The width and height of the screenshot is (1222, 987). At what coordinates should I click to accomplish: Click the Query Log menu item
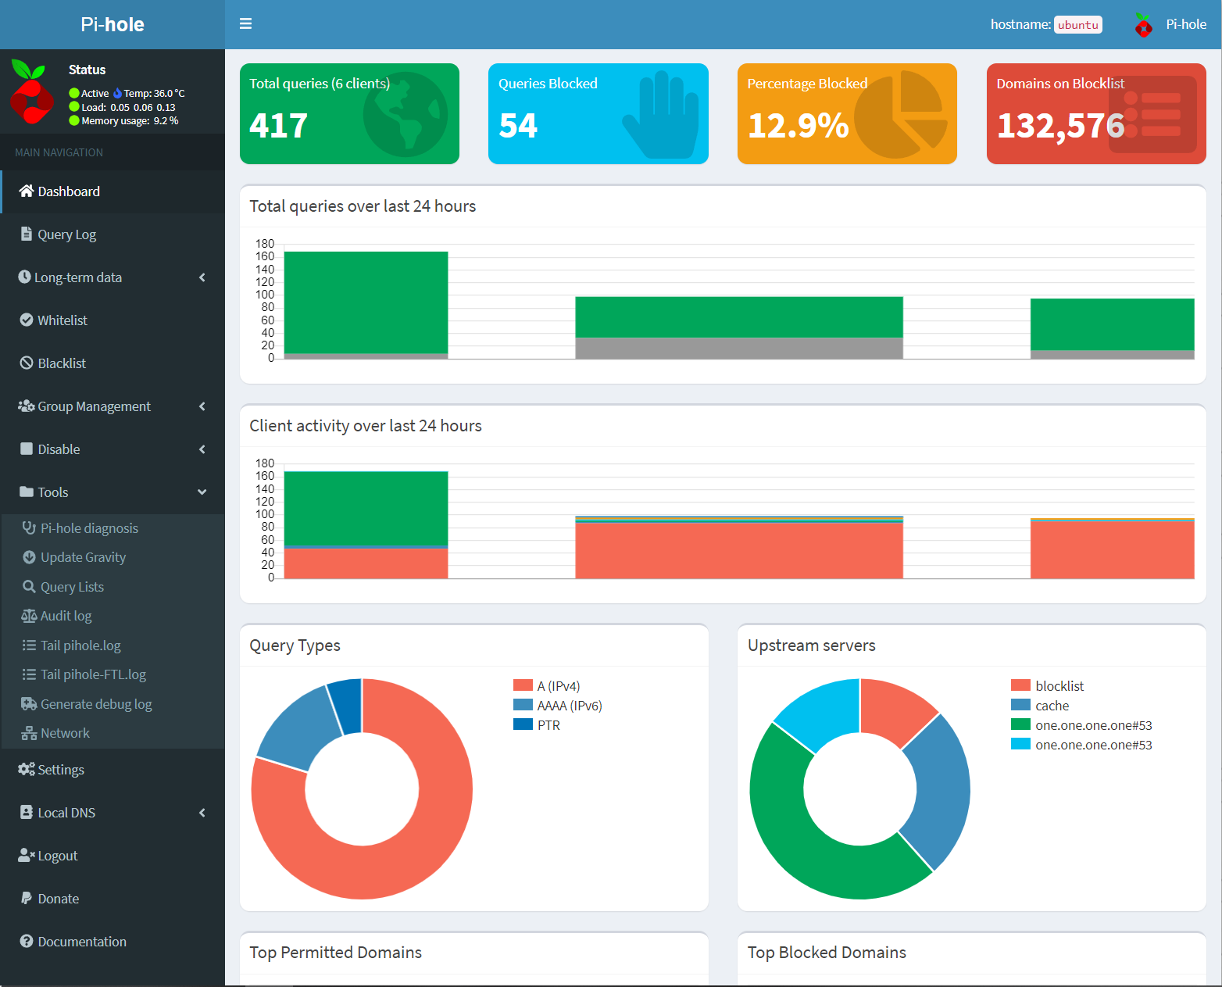tap(66, 234)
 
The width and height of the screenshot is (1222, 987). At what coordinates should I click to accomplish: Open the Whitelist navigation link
tap(62, 320)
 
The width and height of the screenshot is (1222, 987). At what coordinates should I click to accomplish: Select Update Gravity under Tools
tap(83, 557)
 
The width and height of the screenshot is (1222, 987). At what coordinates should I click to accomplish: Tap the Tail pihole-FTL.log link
tap(93, 674)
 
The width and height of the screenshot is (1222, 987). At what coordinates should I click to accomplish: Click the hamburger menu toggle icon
tap(245, 24)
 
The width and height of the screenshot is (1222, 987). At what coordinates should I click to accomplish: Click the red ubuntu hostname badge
tap(1077, 25)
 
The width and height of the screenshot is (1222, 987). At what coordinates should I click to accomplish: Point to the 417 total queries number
tap(279, 126)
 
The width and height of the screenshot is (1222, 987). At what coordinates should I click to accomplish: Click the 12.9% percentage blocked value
tap(798, 126)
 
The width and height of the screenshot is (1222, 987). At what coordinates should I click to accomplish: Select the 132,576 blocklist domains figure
tap(1060, 126)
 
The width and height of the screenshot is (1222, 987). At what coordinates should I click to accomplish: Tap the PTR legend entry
tap(548, 725)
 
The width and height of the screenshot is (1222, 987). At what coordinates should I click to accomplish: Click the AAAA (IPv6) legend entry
tap(569, 706)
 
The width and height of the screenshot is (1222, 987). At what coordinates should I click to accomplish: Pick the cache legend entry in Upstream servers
tap(1052, 706)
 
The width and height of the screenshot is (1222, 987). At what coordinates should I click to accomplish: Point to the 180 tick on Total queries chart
tap(265, 244)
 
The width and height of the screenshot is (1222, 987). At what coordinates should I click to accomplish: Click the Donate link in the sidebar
tap(58, 899)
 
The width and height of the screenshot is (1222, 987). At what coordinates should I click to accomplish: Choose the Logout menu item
tap(57, 856)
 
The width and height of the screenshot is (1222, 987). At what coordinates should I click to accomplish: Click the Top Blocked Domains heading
tap(827, 953)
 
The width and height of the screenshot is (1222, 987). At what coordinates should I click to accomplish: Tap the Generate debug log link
tap(95, 704)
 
